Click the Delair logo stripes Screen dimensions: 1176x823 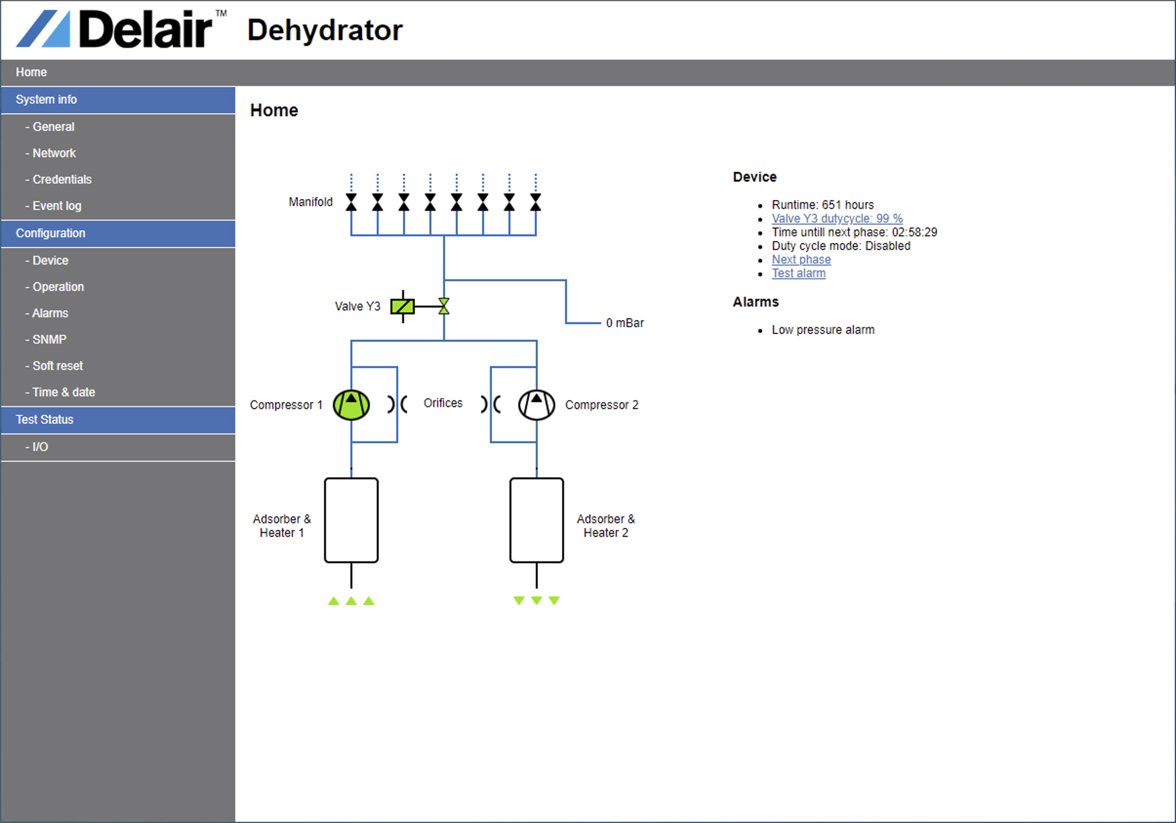click(43, 29)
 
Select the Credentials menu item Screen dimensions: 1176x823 click(59, 179)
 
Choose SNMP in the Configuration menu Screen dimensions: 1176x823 click(46, 339)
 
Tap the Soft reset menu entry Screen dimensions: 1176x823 click(54, 366)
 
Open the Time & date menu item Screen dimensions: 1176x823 click(61, 392)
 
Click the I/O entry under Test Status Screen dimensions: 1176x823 click(37, 447)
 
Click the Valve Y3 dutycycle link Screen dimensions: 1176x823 click(837, 218)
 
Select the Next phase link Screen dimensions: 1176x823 click(801, 259)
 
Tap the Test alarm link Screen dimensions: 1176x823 click(798, 273)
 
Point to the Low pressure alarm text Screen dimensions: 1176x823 click(823, 329)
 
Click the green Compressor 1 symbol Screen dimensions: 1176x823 click(351, 405)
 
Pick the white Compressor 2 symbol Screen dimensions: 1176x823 click(536, 405)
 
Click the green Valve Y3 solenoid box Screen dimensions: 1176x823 click(403, 307)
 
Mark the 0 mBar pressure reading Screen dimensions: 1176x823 click(625, 323)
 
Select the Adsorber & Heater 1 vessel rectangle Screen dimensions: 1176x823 click(351, 520)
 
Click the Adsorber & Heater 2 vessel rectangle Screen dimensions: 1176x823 click(536, 520)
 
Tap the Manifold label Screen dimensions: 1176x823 click(310, 202)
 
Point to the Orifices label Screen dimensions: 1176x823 click(443, 403)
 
